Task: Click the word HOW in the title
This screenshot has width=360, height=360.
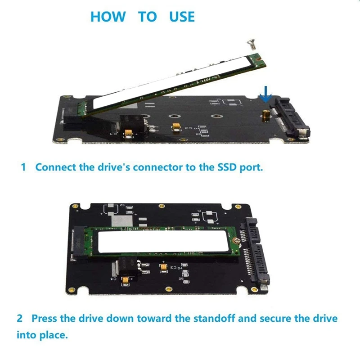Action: (108, 17)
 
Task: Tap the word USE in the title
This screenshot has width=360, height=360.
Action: (182, 17)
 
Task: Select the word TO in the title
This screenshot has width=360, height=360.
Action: (148, 17)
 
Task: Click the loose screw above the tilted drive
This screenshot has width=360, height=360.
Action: (252, 44)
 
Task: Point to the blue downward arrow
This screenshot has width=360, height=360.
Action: (266, 94)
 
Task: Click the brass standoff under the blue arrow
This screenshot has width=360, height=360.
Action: (266, 116)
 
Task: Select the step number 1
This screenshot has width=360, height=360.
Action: (23, 167)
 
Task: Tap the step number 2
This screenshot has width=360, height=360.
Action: (20, 319)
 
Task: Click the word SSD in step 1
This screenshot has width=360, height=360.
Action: (227, 167)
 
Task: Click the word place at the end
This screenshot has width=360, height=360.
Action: (54, 335)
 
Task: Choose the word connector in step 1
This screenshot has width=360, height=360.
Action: (158, 167)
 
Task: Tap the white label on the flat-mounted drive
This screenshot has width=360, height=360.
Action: (163, 241)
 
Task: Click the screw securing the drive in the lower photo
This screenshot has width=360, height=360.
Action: (237, 241)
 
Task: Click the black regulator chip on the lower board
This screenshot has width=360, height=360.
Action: (129, 267)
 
